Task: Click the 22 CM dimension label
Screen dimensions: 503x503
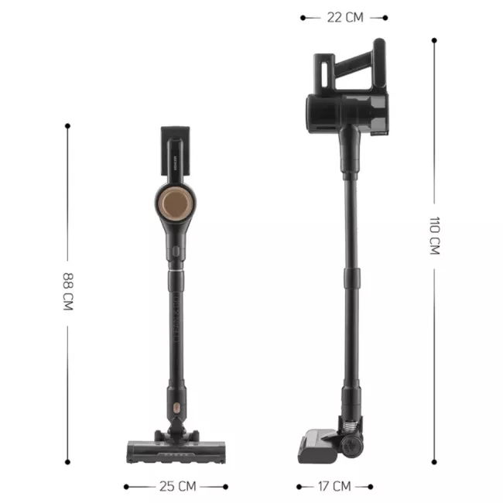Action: (345, 16)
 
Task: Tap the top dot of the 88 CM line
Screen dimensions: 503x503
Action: (68, 125)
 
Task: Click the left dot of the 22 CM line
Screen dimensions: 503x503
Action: (303, 16)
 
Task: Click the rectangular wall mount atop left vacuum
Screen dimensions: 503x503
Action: (173, 149)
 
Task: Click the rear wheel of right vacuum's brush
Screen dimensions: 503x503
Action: (354, 447)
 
